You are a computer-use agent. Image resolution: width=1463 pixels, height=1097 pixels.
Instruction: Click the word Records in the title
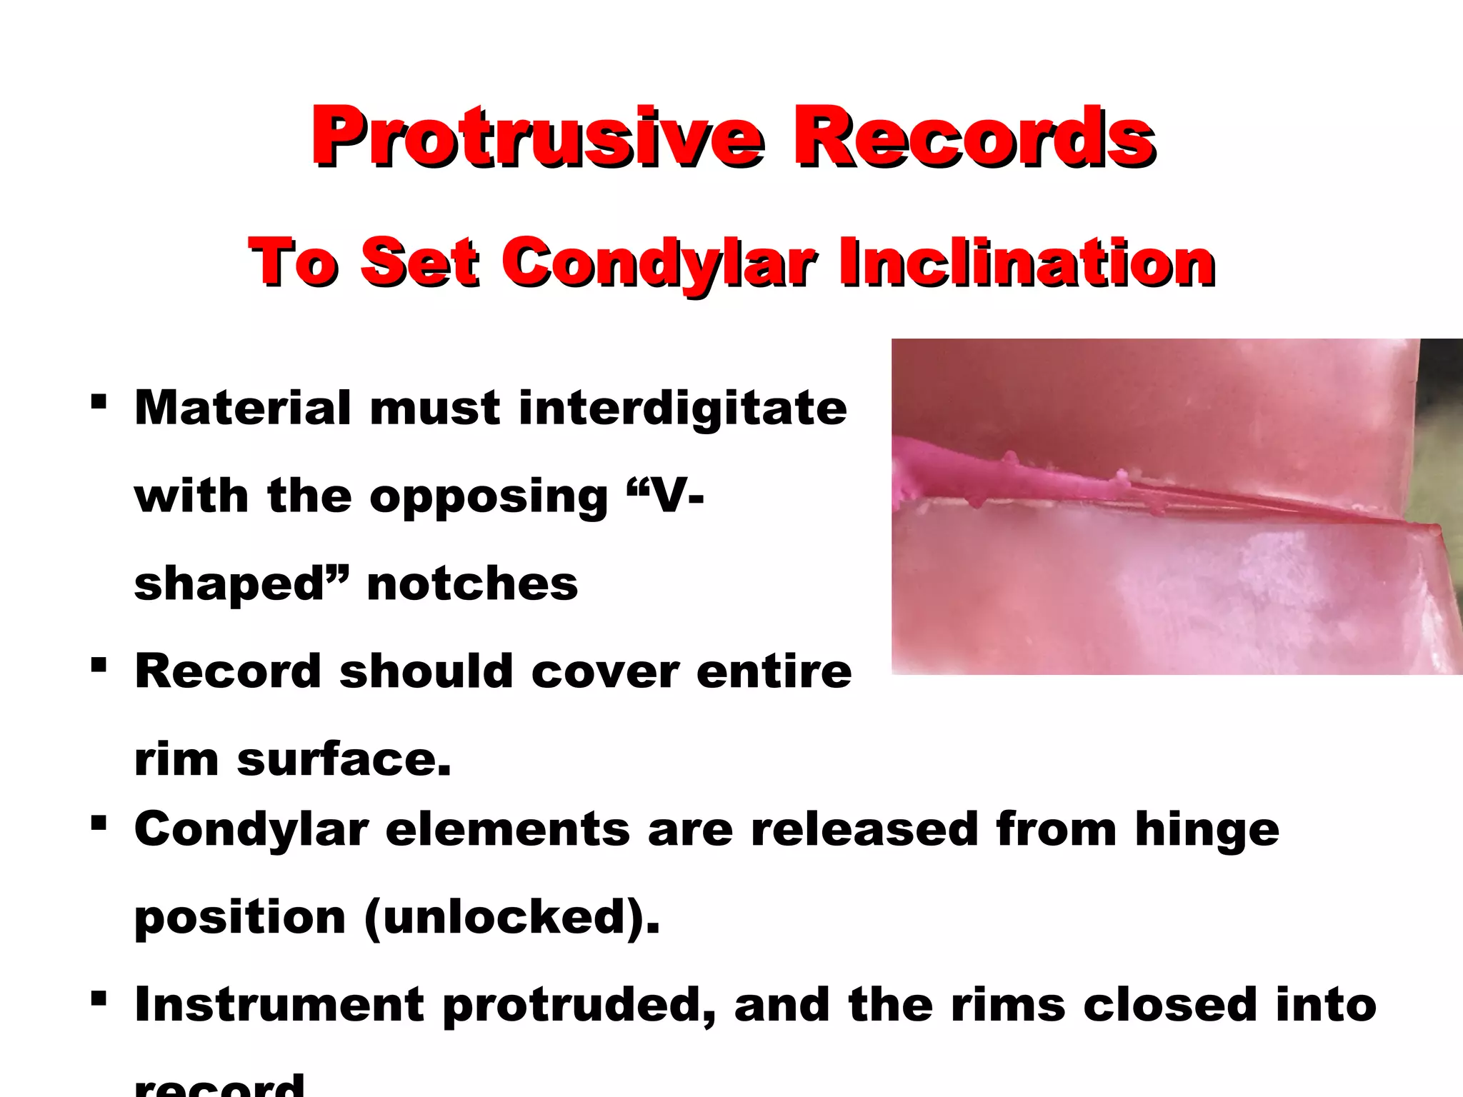974,137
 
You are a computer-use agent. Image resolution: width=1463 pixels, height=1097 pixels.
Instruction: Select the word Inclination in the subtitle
1027,263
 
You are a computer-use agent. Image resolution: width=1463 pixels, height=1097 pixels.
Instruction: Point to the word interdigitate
682,409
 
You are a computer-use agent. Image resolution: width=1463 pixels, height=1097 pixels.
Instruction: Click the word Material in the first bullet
242,409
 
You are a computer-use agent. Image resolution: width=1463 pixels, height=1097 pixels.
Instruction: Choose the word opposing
488,498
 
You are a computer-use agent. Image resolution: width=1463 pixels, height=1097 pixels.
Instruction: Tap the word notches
472,584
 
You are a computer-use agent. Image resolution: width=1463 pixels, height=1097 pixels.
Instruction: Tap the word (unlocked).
511,918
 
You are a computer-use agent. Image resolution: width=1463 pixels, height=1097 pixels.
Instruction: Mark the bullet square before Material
99,401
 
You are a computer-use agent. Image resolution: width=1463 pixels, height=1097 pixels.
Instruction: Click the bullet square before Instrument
99,997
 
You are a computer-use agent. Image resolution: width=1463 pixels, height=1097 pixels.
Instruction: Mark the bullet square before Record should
99,666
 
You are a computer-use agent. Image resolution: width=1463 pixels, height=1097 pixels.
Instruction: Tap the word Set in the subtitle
419,263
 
